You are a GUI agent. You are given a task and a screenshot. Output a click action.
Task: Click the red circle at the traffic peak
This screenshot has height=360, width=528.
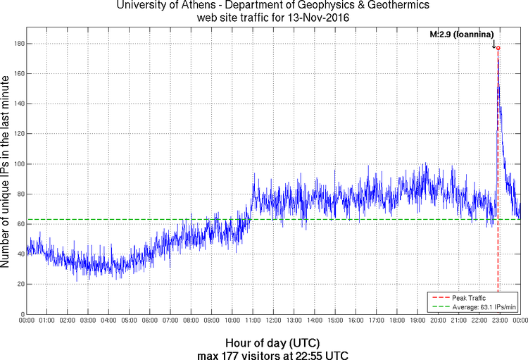tap(498, 48)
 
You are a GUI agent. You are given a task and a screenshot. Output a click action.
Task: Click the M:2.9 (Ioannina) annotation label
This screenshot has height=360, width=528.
tap(462, 34)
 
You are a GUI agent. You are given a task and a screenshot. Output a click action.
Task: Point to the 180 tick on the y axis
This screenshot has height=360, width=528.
tap(17, 44)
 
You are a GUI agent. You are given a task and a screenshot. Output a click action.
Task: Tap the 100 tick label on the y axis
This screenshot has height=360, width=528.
tap(17, 164)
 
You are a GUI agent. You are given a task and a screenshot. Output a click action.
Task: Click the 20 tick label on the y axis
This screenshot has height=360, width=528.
tap(19, 284)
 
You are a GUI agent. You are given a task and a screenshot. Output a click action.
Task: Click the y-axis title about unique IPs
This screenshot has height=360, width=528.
tap(6, 173)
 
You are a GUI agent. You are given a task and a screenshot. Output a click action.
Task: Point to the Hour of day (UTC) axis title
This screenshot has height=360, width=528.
tap(264, 341)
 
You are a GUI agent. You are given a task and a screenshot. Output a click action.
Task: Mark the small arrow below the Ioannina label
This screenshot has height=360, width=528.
tap(494, 44)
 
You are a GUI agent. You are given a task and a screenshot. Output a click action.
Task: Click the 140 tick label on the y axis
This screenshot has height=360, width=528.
tap(17, 104)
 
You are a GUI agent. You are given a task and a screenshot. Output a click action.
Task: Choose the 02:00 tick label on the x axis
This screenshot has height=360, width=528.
tap(68, 320)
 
